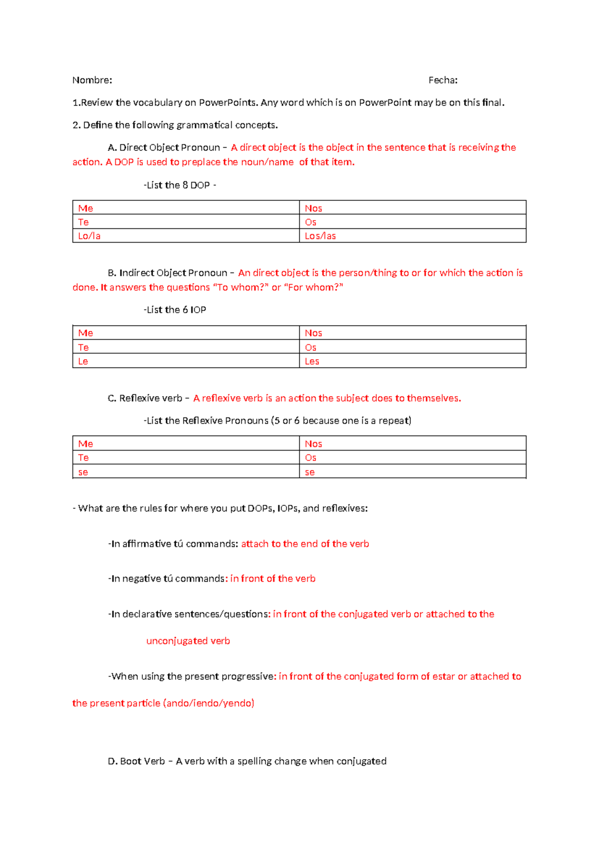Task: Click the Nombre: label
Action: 92,80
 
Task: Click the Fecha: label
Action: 443,80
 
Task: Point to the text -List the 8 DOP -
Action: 180,185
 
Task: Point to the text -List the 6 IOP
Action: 175,310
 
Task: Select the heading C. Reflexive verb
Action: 145,399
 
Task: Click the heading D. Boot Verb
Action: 136,762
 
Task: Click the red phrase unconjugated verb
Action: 188,641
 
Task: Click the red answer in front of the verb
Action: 273,579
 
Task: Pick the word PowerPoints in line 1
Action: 228,103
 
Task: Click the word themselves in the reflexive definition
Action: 433,399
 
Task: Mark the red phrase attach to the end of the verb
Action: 304,544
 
